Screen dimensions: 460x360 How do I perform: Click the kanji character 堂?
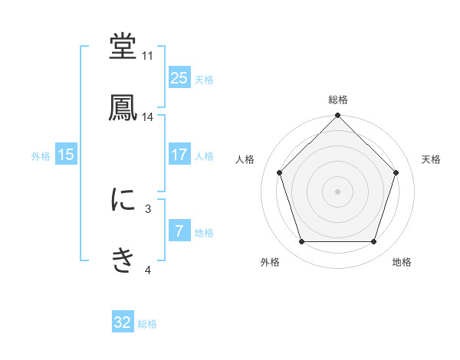[123, 47]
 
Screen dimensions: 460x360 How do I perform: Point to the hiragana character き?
[123, 260]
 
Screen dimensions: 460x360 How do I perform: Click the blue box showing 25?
[179, 77]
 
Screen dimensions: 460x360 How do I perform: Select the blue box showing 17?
[179, 155]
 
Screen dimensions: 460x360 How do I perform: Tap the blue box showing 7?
[179, 231]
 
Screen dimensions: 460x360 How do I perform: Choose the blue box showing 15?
[66, 155]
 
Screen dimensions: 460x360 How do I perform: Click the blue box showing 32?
[123, 322]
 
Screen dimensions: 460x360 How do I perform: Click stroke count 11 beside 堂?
[148, 56]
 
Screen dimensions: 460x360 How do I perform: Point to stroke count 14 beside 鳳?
[148, 117]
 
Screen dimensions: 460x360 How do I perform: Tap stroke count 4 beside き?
[148, 270]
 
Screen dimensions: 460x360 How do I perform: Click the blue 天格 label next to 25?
[204, 79]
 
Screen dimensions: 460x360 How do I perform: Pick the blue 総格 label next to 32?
[147, 324]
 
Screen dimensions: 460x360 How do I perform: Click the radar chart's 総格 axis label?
[338, 100]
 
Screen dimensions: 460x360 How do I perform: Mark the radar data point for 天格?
[396, 172]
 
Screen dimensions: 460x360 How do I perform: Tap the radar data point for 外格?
[302, 242]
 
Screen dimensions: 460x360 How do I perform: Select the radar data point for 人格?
[280, 172]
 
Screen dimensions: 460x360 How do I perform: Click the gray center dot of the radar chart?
[338, 191]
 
